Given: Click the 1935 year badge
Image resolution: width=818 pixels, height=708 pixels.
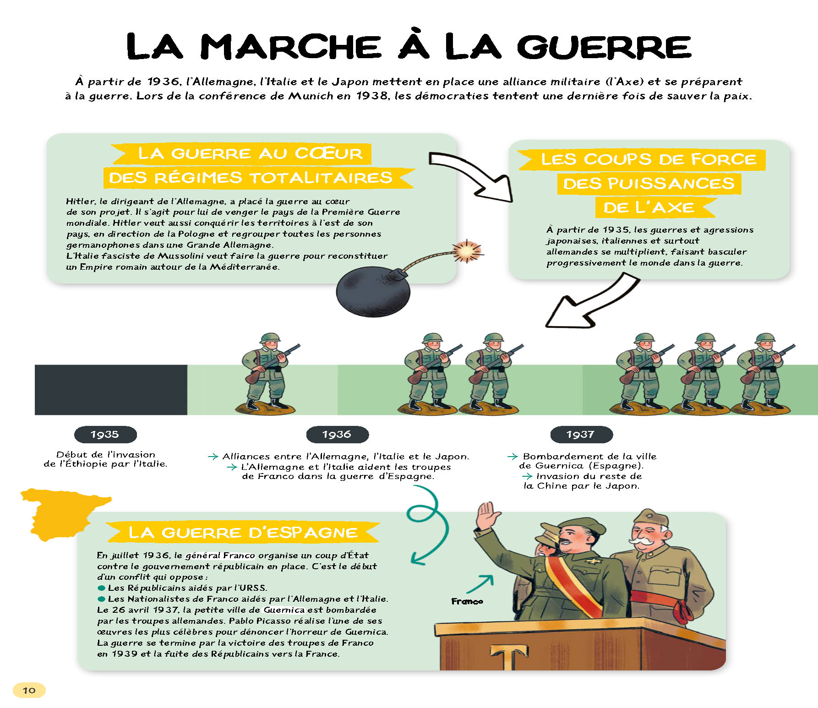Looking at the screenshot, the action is point(105,434).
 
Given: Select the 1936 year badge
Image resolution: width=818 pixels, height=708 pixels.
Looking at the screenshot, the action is point(337,434).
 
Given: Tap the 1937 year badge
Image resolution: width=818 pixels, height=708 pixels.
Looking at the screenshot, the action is point(581,434).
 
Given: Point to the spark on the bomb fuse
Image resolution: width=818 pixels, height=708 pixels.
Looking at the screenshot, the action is point(467,251).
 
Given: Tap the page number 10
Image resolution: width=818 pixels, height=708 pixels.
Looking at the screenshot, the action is point(29,690).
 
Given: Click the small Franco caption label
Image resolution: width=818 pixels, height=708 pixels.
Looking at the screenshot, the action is point(467,601).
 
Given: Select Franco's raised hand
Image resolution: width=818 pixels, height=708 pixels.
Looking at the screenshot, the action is point(486,515).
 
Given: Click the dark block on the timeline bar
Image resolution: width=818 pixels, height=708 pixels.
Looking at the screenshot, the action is point(111,390).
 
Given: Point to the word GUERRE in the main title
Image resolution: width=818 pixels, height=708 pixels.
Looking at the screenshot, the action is point(604,47).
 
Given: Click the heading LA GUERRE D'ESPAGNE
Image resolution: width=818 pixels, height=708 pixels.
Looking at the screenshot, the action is point(243,533).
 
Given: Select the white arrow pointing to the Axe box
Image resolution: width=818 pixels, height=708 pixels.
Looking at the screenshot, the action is point(472,177).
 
